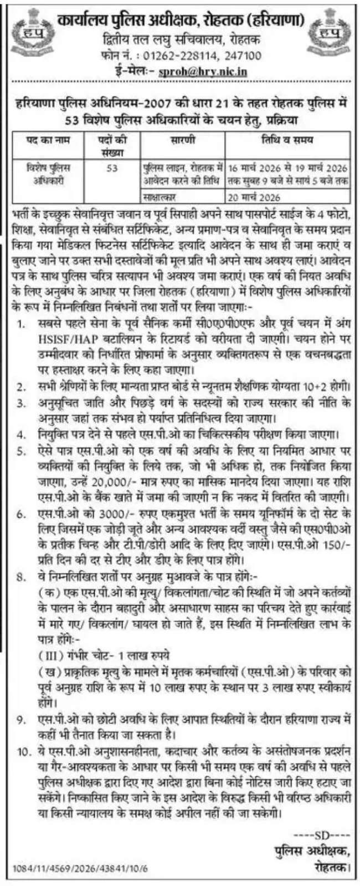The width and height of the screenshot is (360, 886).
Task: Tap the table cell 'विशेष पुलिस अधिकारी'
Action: (49, 173)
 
